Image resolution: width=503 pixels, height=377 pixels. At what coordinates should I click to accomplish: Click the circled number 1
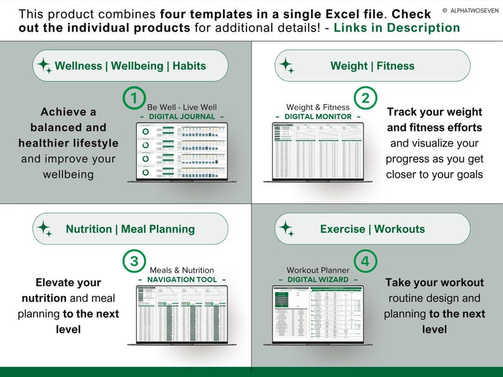coord(133,98)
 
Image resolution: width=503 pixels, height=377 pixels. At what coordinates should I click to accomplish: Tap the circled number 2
coord(366,98)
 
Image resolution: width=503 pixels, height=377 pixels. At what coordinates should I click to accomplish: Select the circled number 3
coord(133,261)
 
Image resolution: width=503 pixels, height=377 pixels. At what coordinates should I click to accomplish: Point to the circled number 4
coord(366,261)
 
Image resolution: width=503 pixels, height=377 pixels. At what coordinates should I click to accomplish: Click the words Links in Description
coord(397,28)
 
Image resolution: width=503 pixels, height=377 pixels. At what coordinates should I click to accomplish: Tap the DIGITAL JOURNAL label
coord(182,117)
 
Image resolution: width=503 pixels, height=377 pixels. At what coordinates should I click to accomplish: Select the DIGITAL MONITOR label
coord(318,117)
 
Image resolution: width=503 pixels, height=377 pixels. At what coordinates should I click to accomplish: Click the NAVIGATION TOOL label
coord(182,280)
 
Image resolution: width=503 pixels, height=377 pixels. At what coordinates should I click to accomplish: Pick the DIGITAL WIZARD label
coord(318,280)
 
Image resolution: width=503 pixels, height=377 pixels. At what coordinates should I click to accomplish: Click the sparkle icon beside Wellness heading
coord(44,66)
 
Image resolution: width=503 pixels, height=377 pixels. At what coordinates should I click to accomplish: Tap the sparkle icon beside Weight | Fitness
coord(287,66)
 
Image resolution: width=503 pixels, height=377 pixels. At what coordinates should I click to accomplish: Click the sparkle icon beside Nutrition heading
coord(44,229)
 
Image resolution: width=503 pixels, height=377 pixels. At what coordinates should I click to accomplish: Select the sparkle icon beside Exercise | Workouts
coord(287,229)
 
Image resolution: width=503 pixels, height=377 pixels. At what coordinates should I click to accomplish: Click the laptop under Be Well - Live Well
coord(182,152)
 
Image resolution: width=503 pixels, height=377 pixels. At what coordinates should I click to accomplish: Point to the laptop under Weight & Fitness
coord(318,152)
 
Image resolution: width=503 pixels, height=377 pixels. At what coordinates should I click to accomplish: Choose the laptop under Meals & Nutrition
coord(182,315)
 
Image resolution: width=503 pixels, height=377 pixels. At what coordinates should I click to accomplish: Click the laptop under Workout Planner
coord(318,315)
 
